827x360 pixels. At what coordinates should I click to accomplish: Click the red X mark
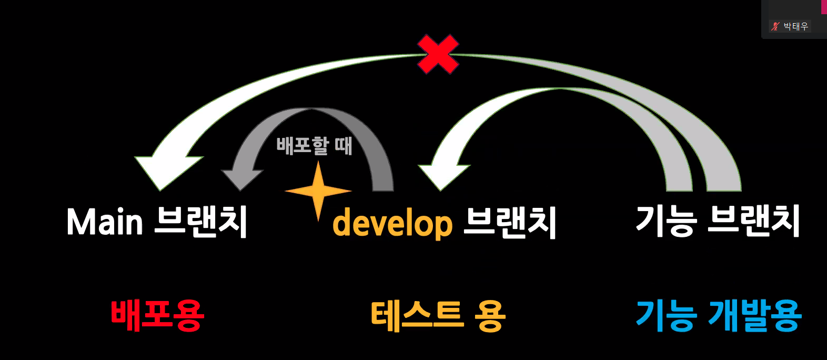tap(438, 54)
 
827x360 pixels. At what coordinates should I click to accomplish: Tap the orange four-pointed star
tap(318, 191)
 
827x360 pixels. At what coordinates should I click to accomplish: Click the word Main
tap(105, 222)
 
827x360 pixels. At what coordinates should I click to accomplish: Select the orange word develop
tap(392, 223)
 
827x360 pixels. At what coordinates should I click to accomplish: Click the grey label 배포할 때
tap(314, 145)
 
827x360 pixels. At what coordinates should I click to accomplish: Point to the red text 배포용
tap(157, 315)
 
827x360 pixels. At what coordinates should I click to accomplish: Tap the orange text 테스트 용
tap(438, 316)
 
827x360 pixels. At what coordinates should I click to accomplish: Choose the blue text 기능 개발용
tap(718, 315)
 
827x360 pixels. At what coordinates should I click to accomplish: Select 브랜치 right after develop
tap(510, 223)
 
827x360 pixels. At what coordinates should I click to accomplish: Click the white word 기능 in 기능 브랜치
tap(667, 221)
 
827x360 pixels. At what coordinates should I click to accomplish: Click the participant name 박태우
tap(795, 26)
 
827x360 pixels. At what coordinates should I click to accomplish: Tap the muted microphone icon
tap(775, 26)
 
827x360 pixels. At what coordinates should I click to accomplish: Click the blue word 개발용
tap(755, 315)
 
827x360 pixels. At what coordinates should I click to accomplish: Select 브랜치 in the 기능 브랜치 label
tap(753, 221)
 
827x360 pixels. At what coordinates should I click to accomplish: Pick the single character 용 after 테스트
tap(489, 316)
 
